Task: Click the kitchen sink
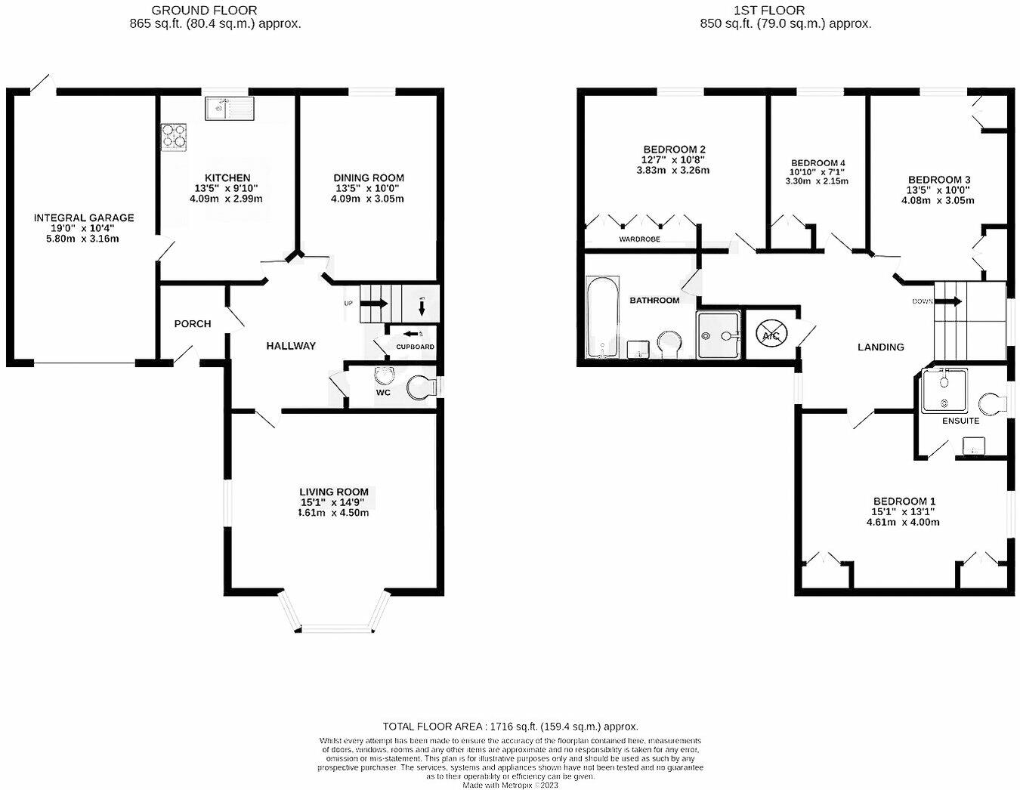click(229, 109)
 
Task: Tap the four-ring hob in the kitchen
click(174, 136)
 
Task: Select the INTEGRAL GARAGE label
click(84, 218)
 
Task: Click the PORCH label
click(193, 323)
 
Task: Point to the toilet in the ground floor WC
click(420, 388)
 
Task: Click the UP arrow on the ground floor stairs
click(373, 304)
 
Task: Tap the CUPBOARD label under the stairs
click(416, 347)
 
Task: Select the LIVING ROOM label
click(334, 492)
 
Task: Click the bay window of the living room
click(334, 626)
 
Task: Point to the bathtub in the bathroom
click(603, 316)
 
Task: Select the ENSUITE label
click(960, 421)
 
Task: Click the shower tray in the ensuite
click(944, 390)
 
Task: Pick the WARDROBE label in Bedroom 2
click(639, 239)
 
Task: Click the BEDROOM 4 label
click(818, 163)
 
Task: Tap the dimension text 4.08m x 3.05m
click(938, 201)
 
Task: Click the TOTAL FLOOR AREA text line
click(510, 726)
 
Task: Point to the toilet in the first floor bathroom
click(669, 344)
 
